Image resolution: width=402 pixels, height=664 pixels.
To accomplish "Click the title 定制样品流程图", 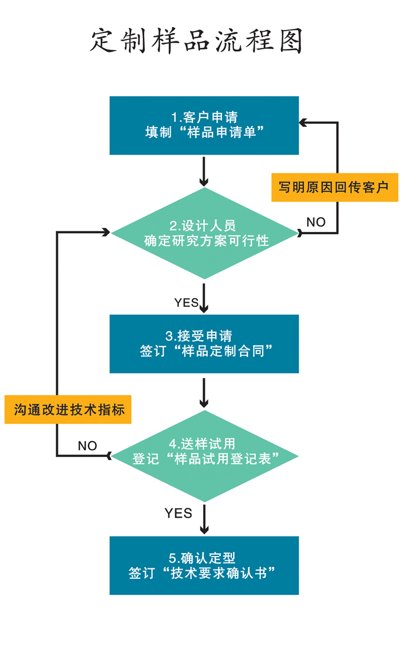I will click(x=197, y=41).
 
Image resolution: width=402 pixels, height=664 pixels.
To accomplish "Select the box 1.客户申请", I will click(x=204, y=125).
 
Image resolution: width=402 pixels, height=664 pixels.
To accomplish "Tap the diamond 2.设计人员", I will click(x=204, y=233).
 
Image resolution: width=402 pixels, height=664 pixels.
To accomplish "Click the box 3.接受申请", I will click(x=204, y=344).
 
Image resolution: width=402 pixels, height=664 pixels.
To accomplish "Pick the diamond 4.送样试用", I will click(x=204, y=456).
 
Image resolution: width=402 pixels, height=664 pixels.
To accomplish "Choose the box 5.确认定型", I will click(x=204, y=565).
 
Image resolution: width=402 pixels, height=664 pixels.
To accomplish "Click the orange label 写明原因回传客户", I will click(x=334, y=188).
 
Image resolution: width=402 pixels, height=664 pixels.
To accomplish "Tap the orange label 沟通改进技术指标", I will click(x=68, y=410).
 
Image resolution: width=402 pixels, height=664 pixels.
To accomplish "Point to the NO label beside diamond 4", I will click(x=87, y=446).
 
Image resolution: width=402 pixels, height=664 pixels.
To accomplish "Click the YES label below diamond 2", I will click(x=186, y=303).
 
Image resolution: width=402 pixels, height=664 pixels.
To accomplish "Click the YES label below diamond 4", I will click(x=178, y=513).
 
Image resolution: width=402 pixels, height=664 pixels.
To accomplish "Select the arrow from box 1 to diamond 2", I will click(x=204, y=171).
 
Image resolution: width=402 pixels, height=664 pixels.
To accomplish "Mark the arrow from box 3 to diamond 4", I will click(x=204, y=392).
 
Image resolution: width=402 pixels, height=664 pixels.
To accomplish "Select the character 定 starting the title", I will click(x=104, y=41).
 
